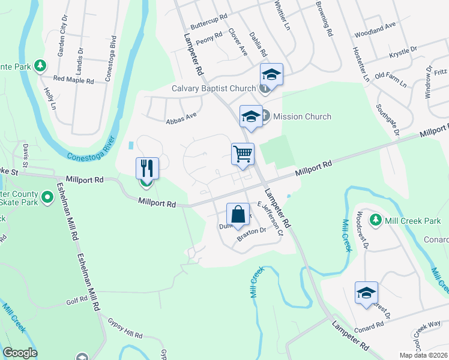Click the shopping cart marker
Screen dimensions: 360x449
click(x=243, y=154)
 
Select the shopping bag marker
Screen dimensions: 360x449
click(x=238, y=214)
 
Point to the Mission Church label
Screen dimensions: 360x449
click(x=302, y=116)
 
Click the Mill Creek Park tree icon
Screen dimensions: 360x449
click(x=376, y=220)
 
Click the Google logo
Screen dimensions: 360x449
click(x=20, y=353)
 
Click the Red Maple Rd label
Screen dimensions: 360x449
click(x=74, y=79)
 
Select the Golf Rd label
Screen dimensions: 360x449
click(x=77, y=301)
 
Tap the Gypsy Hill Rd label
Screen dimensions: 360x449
click(x=125, y=328)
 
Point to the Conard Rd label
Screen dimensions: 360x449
click(x=369, y=326)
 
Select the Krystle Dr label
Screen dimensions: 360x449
click(x=403, y=52)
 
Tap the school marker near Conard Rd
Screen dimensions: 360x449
click(x=366, y=292)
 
